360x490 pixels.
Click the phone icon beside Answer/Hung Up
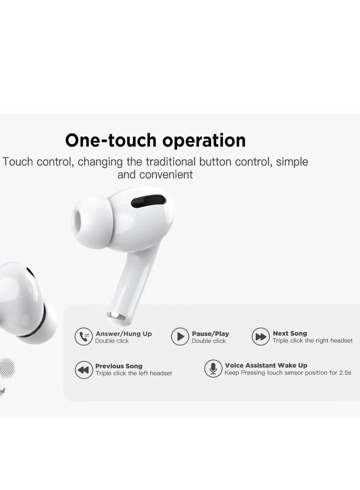click(x=83, y=337)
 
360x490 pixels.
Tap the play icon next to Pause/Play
click(x=180, y=337)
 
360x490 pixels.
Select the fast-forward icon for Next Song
click(x=261, y=337)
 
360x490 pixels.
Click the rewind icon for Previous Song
click(x=83, y=370)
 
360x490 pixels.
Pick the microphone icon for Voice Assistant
click(x=213, y=369)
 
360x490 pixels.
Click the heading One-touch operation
click(x=155, y=140)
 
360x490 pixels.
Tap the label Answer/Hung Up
click(x=123, y=334)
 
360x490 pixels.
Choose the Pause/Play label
click(x=210, y=334)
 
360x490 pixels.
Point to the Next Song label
click(x=290, y=333)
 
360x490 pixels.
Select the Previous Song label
click(x=118, y=366)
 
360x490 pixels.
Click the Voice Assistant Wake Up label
click(x=266, y=365)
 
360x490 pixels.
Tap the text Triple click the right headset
click(x=312, y=341)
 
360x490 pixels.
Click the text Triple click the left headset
click(x=133, y=373)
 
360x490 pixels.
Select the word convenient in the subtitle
click(x=166, y=174)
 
